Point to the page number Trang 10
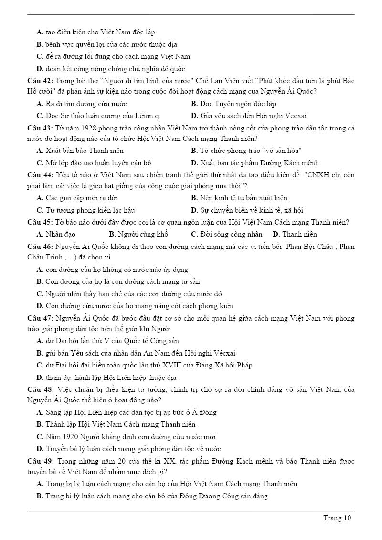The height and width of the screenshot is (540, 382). pyautogui.click(x=337, y=518)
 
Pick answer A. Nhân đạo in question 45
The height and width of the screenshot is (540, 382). pyautogui.click(x=56, y=234)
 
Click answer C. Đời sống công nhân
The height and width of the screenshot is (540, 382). pyautogui.click(x=226, y=234)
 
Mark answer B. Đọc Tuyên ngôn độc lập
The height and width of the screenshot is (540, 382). pyautogui.click(x=233, y=104)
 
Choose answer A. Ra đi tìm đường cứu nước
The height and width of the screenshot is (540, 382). pyautogui.click(x=82, y=104)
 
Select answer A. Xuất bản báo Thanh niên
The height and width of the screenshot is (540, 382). pyautogui.click(x=80, y=151)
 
